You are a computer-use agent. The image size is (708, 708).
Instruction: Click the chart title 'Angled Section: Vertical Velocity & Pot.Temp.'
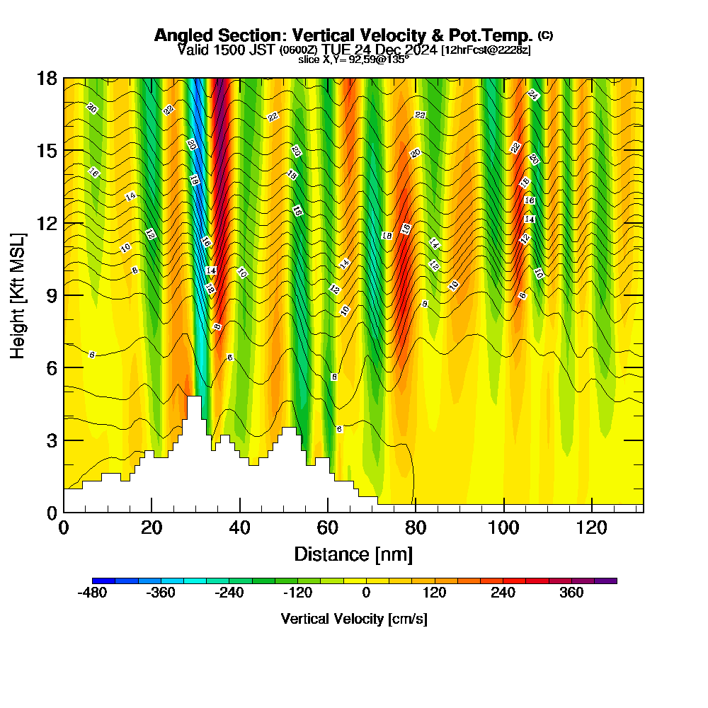343,35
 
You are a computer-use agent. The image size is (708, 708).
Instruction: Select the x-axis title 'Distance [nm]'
353,554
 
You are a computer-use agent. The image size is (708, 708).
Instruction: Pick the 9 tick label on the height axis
51,295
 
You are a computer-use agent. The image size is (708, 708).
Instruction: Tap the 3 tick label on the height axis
51,440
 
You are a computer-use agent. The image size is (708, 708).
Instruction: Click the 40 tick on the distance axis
240,528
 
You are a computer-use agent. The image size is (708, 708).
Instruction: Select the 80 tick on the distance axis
416,528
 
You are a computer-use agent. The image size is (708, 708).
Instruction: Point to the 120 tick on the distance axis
591,528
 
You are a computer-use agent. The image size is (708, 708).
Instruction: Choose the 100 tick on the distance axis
503,528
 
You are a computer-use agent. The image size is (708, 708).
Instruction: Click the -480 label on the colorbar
92,593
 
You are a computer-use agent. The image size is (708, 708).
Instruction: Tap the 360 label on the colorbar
571,593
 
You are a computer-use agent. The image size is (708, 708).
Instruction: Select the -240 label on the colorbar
229,593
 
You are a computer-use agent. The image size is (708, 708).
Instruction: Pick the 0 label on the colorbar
366,593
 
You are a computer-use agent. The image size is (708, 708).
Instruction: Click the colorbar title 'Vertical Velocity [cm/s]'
354,619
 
